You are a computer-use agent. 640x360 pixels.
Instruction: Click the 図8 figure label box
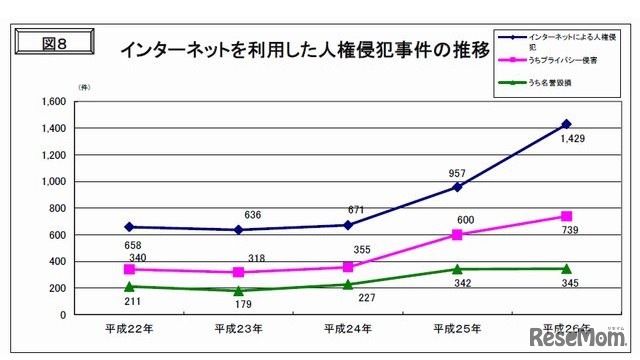point(56,45)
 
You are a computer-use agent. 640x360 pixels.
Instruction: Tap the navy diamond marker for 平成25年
point(457,187)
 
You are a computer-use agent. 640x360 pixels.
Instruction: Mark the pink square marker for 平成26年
point(566,216)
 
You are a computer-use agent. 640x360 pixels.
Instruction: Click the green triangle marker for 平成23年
point(238,291)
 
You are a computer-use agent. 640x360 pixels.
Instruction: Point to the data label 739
point(570,231)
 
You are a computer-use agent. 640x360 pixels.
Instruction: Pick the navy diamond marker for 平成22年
point(129,227)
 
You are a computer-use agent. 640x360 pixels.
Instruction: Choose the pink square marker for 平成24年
point(347,267)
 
